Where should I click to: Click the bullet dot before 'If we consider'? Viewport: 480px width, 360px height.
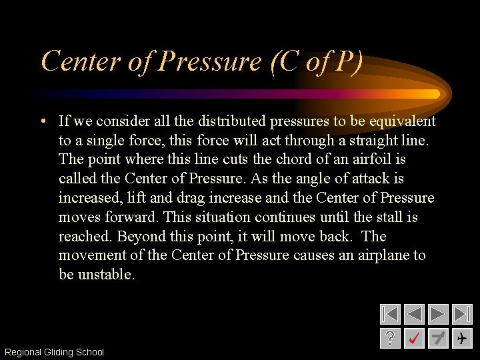[x=42, y=121]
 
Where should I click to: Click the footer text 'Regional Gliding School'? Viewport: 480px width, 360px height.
[x=54, y=352]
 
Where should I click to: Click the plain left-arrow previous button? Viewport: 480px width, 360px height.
[x=414, y=314]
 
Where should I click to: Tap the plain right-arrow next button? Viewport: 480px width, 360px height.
[x=438, y=314]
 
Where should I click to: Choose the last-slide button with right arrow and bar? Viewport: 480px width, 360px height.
[x=462, y=314]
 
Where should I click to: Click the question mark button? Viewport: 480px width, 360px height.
[x=390, y=338]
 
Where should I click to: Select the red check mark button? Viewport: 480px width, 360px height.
[x=414, y=338]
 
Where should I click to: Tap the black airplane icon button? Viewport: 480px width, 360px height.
[x=462, y=338]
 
